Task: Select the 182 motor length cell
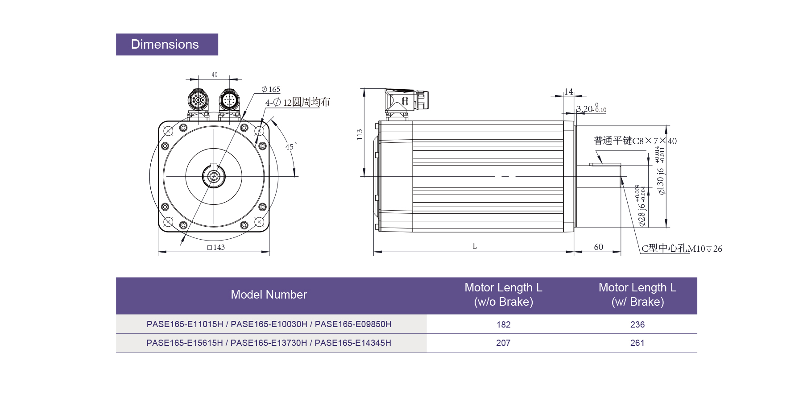pyautogui.click(x=503, y=324)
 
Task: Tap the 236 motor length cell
pyautogui.click(x=637, y=324)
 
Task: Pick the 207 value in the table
pyautogui.click(x=503, y=343)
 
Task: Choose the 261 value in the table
pyautogui.click(x=637, y=343)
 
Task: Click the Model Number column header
pyautogui.click(x=269, y=295)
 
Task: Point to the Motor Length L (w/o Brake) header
pyautogui.click(x=503, y=295)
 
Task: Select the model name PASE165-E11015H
pyautogui.click(x=185, y=324)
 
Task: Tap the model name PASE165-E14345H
pyautogui.click(x=352, y=343)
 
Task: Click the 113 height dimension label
pyautogui.click(x=360, y=134)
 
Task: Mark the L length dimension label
pyautogui.click(x=475, y=246)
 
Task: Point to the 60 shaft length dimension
pyautogui.click(x=598, y=247)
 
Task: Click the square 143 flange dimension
pyautogui.click(x=216, y=247)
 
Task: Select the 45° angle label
pyautogui.click(x=290, y=147)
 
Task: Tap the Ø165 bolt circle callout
pyautogui.click(x=271, y=89)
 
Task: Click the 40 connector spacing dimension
pyautogui.click(x=214, y=75)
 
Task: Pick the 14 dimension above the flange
pyautogui.click(x=568, y=91)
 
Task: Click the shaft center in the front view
pyautogui.click(x=214, y=176)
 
